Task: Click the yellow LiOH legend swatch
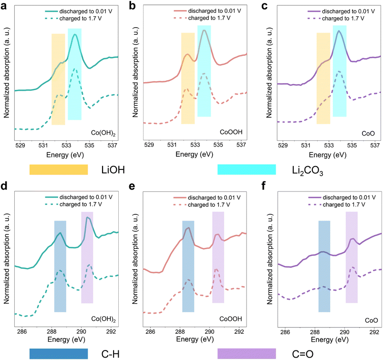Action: pyautogui.click(x=59, y=169)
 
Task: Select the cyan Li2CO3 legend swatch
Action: pyautogui.click(x=247, y=169)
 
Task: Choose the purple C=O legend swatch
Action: pyautogui.click(x=247, y=353)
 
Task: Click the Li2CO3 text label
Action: pyautogui.click(x=306, y=170)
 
